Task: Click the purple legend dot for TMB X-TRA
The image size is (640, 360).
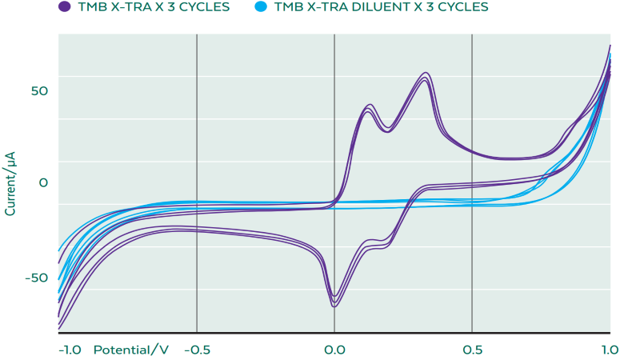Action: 64,7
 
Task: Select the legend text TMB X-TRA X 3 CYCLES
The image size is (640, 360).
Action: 153,7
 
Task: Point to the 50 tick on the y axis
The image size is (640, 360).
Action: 39,90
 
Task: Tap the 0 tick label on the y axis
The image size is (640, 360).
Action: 44,183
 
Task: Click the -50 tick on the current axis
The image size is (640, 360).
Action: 37,278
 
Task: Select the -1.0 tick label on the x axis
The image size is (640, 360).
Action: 70,350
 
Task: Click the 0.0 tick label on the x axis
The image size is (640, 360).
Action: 334,350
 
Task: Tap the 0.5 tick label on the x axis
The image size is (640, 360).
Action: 472,350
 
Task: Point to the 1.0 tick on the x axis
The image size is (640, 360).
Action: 610,350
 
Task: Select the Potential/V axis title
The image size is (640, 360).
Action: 131,350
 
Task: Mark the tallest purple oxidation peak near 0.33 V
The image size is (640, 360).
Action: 426,73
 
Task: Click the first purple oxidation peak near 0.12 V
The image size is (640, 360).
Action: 370,105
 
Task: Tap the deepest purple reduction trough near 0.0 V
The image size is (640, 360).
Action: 334,306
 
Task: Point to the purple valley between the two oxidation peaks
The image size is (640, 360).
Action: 388,130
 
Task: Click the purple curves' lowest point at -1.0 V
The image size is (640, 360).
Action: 60,328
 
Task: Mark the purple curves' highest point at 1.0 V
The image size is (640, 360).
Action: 610,46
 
